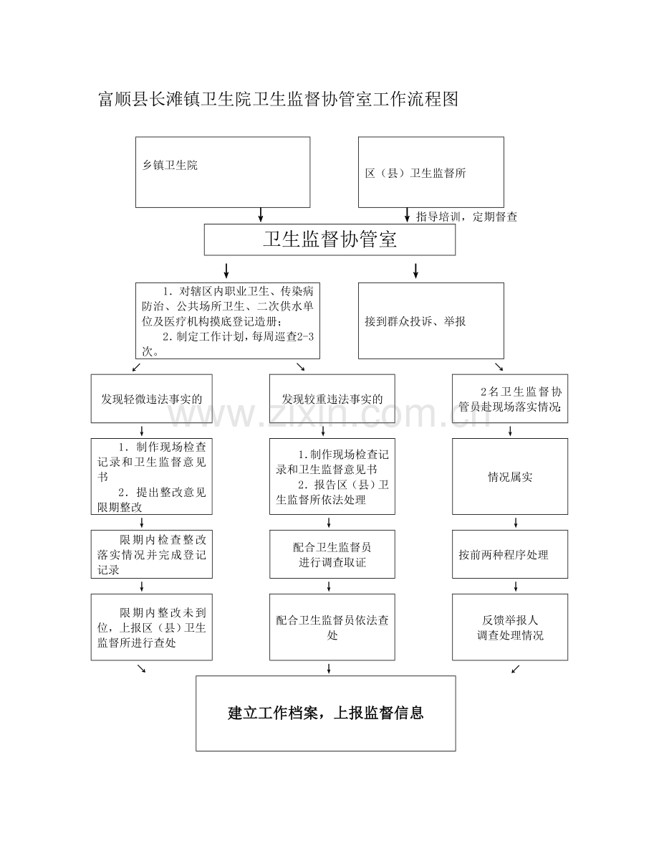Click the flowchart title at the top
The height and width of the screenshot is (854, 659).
[278, 99]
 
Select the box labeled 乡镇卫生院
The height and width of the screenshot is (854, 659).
[223, 172]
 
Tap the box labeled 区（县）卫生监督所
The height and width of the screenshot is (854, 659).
[431, 172]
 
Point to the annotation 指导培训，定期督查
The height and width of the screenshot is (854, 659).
[466, 217]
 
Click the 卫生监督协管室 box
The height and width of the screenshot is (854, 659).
[329, 239]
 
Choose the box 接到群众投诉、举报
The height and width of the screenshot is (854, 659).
[431, 321]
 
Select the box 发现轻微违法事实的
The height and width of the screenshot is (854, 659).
[151, 399]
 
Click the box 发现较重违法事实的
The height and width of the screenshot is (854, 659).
[332, 399]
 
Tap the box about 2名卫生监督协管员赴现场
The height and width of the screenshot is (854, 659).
[510, 399]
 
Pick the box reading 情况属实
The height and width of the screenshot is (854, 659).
[510, 477]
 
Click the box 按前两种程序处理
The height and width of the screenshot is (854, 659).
[510, 554]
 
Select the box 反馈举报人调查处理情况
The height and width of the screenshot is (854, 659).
[510, 627]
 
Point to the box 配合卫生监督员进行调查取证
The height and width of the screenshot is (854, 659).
[332, 554]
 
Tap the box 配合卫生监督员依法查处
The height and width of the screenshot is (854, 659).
[332, 627]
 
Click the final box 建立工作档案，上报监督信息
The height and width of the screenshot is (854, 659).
[326, 713]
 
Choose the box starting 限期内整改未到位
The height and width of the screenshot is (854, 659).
[151, 627]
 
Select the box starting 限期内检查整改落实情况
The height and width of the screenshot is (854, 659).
[151, 554]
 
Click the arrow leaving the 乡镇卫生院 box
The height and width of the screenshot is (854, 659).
[261, 214]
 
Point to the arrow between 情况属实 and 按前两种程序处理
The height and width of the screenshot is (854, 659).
[516, 523]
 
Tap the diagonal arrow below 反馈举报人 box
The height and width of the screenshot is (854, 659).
[516, 669]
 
